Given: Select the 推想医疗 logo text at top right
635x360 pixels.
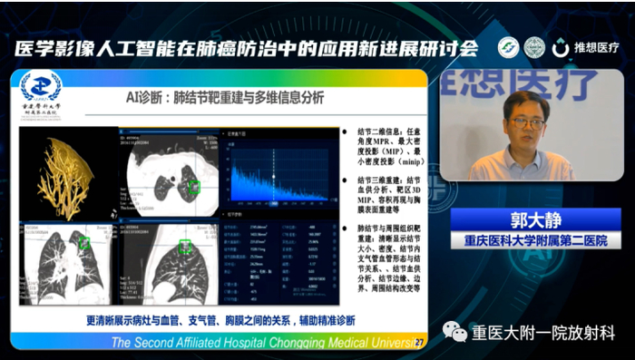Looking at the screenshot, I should [x=593, y=48].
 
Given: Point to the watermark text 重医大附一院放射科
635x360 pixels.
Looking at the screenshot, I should [x=543, y=333].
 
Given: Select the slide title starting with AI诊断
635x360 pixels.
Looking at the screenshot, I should [x=224, y=98].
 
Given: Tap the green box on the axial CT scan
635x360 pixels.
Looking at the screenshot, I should [x=193, y=187].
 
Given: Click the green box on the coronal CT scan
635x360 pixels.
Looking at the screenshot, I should [x=84, y=242].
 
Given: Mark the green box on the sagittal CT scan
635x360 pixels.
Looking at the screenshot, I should [x=186, y=246].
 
